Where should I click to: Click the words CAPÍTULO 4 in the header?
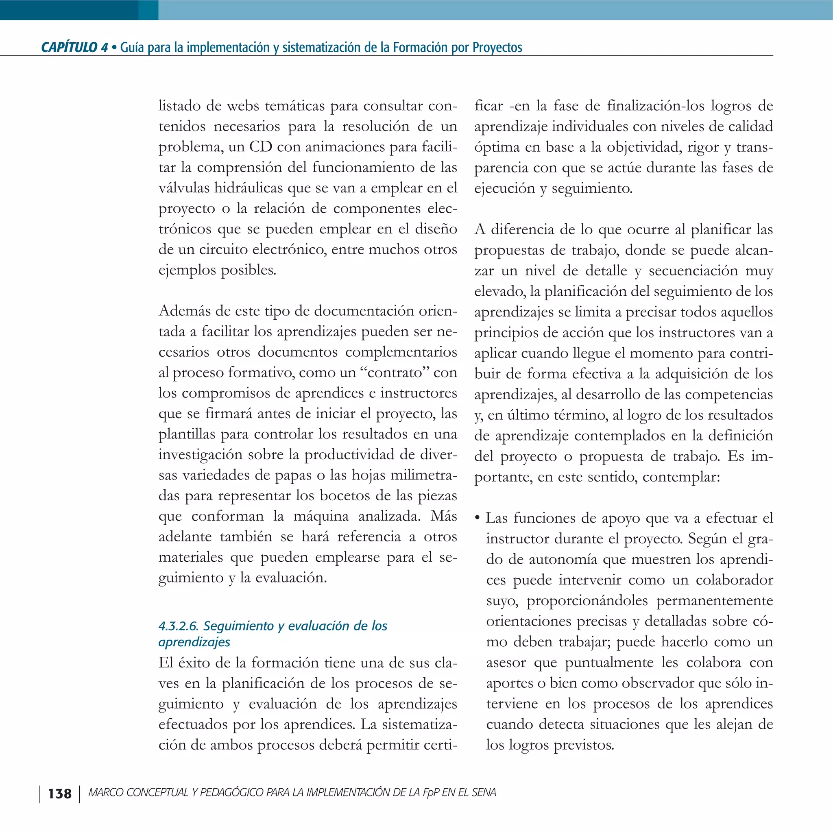[x=74, y=47]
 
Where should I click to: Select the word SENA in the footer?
[x=484, y=792]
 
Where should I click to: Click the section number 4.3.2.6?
[x=179, y=626]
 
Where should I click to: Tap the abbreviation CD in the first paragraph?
[x=260, y=146]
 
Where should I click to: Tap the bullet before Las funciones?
[x=477, y=518]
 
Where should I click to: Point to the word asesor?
[x=506, y=662]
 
